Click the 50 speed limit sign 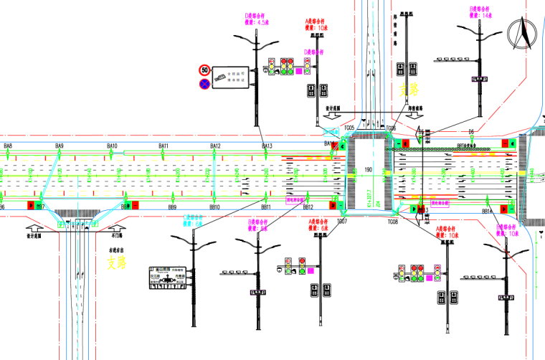coord(205,70)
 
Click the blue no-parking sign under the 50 coord(205,84)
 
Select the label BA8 coord(8,146)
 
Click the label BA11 coord(163,146)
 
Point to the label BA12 coord(215,146)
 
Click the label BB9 coord(172,207)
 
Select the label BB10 coord(215,207)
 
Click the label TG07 coord(342,222)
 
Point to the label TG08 coord(393,222)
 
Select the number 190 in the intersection coord(369,170)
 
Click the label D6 coord(472,131)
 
